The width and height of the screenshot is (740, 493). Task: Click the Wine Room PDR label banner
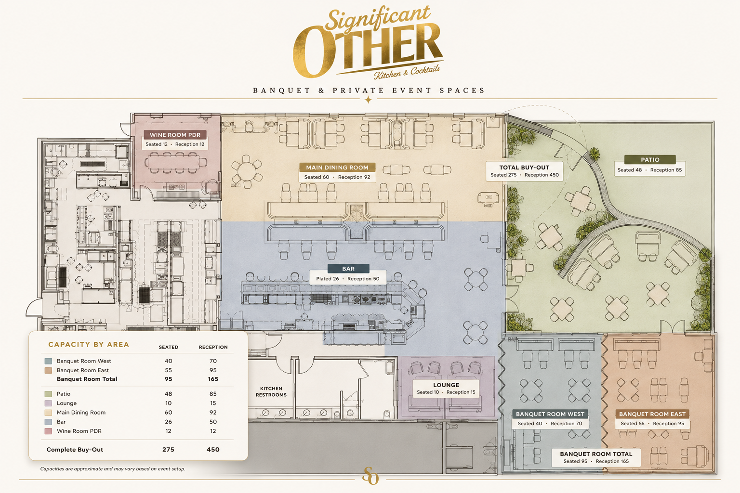(175, 135)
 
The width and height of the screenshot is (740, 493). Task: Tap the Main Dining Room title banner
(337, 168)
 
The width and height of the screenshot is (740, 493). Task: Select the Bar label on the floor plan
(348, 269)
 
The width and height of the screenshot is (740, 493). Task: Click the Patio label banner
(650, 160)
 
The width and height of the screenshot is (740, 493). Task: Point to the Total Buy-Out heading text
(524, 168)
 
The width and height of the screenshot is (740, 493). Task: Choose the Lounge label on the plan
(446, 385)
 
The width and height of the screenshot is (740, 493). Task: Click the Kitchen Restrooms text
(271, 391)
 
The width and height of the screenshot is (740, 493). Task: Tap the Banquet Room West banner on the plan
(550, 414)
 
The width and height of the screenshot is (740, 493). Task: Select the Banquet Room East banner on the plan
(652, 414)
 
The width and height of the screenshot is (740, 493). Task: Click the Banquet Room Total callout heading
(596, 454)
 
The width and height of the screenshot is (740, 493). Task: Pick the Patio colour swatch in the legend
(48, 394)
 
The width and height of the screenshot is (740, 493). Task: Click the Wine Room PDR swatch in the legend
(48, 431)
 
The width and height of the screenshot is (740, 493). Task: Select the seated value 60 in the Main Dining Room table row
(169, 413)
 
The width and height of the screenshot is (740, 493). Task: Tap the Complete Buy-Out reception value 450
(213, 449)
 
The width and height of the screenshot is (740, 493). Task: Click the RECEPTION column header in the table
(213, 347)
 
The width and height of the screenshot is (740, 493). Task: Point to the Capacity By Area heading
(89, 344)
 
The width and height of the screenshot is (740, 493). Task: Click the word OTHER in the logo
(368, 51)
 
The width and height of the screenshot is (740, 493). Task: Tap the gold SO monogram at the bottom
(370, 476)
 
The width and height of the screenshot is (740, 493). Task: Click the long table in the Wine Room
(175, 162)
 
